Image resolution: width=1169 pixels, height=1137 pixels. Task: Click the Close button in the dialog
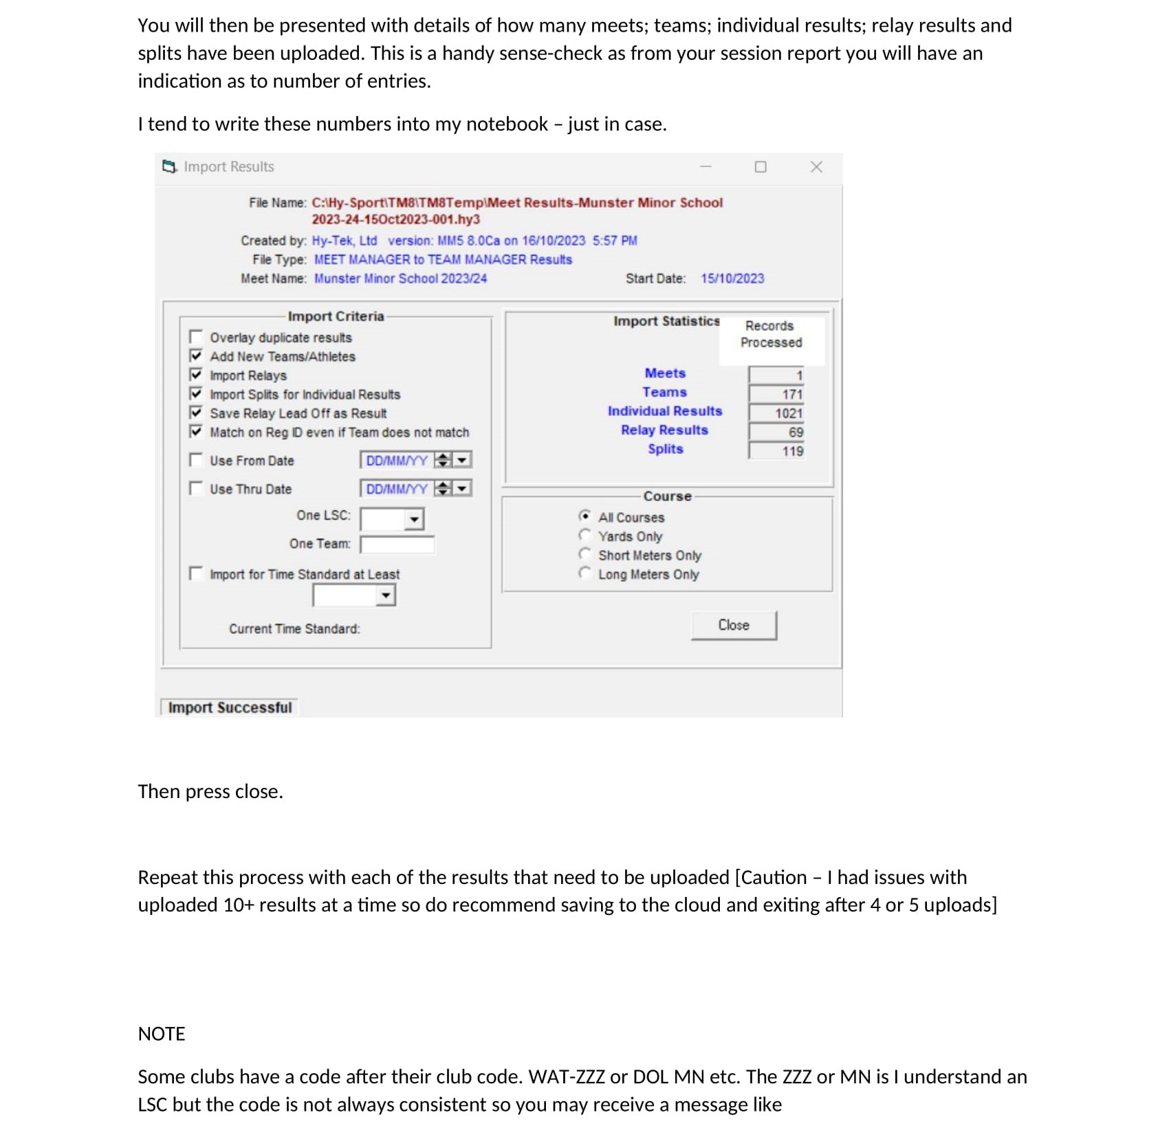(x=733, y=625)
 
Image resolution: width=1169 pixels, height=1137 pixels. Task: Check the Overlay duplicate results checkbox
(x=196, y=337)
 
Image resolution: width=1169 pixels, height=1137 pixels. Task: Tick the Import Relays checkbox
(x=196, y=375)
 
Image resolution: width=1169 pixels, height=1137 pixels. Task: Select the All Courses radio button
(x=584, y=516)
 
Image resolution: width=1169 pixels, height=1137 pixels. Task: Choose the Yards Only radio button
(x=584, y=536)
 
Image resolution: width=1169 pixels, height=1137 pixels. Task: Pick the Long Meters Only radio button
(x=584, y=573)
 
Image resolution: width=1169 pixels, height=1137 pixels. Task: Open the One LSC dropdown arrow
(x=414, y=519)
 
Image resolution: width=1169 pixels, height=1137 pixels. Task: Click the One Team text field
(x=397, y=544)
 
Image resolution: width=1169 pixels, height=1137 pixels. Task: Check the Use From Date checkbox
(x=196, y=459)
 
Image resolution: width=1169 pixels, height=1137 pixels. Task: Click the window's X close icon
(x=816, y=167)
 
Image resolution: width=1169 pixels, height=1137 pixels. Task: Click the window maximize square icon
(x=761, y=167)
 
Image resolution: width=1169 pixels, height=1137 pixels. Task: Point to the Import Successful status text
(x=230, y=707)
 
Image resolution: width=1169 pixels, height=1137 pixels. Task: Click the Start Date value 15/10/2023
(x=732, y=278)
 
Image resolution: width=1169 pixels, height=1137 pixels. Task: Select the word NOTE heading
(x=162, y=1034)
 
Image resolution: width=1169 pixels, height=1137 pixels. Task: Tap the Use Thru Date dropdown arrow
(x=463, y=488)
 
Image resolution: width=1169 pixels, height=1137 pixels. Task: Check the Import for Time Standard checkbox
(x=196, y=573)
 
